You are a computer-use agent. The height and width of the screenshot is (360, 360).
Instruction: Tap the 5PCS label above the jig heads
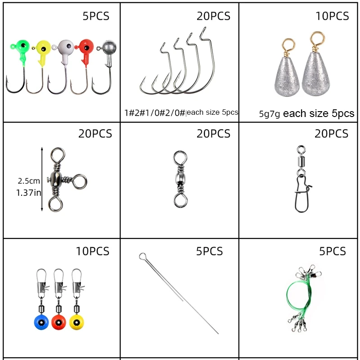96,17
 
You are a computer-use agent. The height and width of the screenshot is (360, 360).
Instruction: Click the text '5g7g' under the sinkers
270,114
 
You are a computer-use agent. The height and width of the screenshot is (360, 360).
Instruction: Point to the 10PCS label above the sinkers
332,16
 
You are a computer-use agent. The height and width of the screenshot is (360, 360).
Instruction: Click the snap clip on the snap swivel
301,196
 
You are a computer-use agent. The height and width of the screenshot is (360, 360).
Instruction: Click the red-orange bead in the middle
58,322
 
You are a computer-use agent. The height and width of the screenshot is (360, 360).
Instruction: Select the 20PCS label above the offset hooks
213,16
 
